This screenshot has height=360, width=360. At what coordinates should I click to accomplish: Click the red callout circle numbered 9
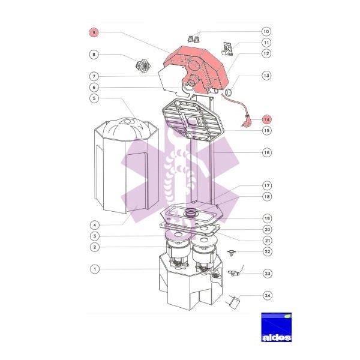pos(94,32)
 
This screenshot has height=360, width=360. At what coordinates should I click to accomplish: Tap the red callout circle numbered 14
pos(267,119)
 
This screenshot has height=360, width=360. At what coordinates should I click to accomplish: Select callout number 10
pos(266,31)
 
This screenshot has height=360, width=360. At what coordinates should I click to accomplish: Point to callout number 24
pos(268,295)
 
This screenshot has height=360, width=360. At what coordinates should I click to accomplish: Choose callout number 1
pos(95,269)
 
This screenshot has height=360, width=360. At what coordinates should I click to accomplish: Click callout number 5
pos(94,98)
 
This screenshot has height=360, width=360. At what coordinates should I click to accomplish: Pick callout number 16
pos(267,152)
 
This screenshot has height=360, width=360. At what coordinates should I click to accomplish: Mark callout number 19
pos(267,218)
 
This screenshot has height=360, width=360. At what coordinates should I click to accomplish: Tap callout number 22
pos(268,251)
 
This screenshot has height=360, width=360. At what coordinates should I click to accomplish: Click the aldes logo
pos(277,327)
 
